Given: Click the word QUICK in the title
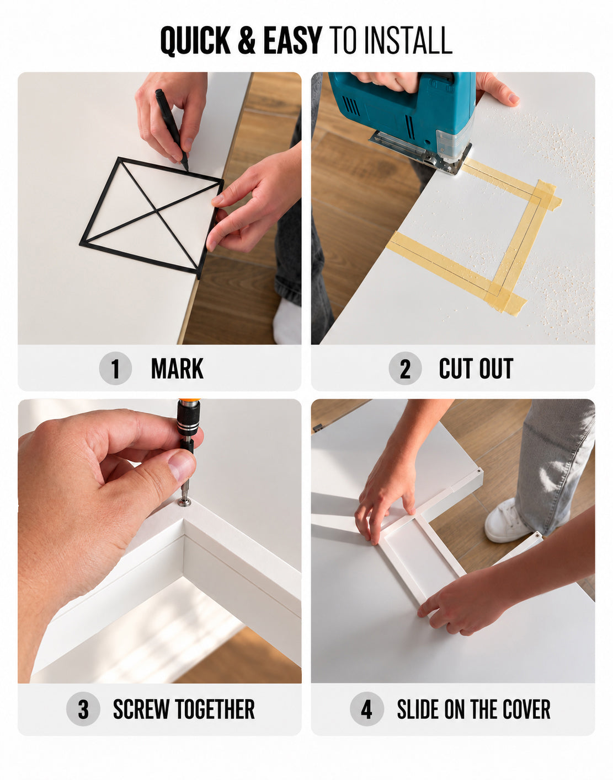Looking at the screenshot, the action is [195, 41].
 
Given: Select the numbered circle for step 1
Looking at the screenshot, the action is [115, 368].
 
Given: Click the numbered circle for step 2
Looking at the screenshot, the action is [405, 368].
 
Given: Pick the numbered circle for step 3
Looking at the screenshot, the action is [83, 709].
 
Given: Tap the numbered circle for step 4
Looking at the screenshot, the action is [367, 709].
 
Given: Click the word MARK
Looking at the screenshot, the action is [178, 369].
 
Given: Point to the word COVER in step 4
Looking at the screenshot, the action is [526, 709].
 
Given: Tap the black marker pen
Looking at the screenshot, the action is [172, 129].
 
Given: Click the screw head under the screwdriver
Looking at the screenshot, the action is [185, 502].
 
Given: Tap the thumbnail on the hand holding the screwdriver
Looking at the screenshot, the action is [182, 466].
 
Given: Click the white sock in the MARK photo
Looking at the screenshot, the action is [287, 321].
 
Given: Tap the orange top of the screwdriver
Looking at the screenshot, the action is [189, 401].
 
